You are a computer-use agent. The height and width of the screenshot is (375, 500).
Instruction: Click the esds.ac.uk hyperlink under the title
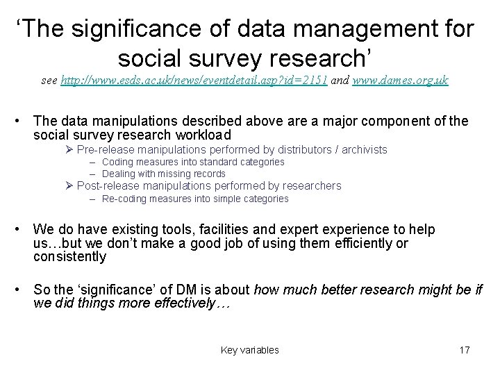[194, 81]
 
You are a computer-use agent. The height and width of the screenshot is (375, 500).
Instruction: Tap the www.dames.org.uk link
[401, 81]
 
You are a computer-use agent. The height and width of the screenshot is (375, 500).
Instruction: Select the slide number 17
[465, 350]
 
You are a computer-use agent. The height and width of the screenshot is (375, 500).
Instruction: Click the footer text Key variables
[249, 350]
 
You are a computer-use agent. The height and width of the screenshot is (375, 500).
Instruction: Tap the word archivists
[363, 149]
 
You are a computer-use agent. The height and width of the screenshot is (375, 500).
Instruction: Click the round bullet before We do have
[22, 229]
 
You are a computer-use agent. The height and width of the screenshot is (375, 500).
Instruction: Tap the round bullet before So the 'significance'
[22, 290]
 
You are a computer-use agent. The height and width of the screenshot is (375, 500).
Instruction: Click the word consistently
[69, 257]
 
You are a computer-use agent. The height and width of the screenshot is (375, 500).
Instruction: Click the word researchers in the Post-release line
[310, 185]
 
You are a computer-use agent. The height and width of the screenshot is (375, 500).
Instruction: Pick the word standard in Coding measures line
[205, 162]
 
